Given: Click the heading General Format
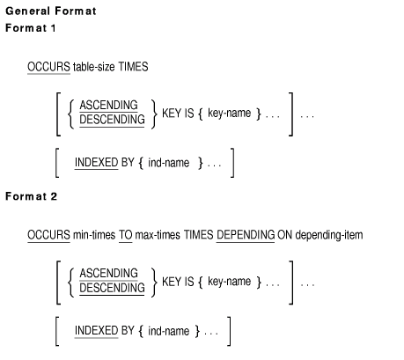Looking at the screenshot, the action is coord(51,11).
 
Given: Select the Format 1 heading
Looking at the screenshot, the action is coord(31,28).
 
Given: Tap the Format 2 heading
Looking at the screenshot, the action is coord(31,196).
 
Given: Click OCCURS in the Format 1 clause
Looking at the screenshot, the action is coord(48,67).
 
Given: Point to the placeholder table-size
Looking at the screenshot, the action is coord(94,67).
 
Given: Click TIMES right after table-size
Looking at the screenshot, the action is coord(133,67).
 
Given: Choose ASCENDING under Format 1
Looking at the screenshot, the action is coord(108,105).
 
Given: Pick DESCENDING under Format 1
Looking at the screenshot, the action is coord(112,120).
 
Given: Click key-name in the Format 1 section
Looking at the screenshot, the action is coord(230,114).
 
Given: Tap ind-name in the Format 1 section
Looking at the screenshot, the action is coord(169,163).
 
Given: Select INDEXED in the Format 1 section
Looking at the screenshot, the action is coord(96,163).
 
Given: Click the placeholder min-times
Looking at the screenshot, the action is coord(94,235).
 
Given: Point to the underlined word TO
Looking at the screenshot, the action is coord(126,235).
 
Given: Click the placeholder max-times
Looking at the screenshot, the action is coord(158,235).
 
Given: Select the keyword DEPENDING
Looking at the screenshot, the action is coord(246,235).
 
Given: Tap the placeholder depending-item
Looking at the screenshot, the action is coord(329,235).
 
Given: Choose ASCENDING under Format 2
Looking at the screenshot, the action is coord(108,273).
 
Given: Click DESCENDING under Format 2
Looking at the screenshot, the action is coord(112,288).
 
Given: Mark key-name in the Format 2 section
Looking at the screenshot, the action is coord(230,282).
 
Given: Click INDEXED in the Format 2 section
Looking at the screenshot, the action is coord(96,331).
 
